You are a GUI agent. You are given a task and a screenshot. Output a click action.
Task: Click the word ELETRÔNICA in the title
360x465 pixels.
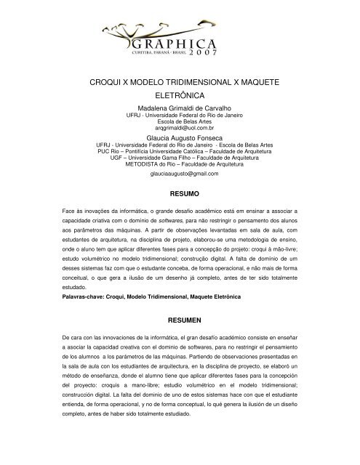[x=179, y=95]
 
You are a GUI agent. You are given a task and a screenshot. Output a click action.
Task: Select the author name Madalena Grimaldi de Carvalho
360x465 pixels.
[x=179, y=108]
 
